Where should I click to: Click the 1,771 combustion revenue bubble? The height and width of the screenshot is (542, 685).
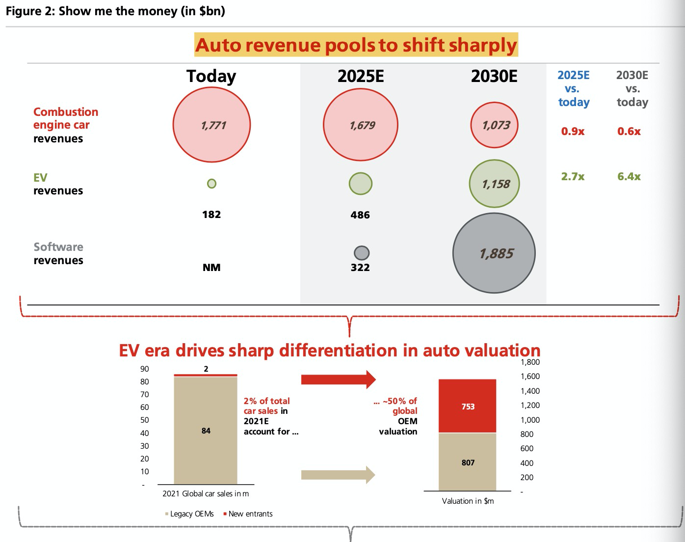[211, 125]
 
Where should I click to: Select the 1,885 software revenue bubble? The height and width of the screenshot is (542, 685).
[494, 253]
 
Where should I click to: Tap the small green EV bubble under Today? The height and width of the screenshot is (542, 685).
[211, 184]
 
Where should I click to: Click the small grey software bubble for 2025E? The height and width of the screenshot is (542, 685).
[361, 253]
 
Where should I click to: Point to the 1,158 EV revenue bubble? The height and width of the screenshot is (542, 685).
[494, 184]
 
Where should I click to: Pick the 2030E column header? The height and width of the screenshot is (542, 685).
[494, 76]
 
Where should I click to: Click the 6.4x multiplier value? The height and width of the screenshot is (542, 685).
[629, 176]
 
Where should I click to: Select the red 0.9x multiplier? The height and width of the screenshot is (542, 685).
[573, 131]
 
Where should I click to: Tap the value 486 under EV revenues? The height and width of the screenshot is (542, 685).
[360, 215]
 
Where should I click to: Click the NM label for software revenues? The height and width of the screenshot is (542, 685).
[211, 268]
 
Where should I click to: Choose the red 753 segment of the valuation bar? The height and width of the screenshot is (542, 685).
[468, 406]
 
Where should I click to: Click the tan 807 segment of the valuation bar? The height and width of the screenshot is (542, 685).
[468, 462]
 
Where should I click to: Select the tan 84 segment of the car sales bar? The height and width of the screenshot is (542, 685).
[206, 431]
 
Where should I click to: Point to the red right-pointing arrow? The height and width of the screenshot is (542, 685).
[338, 379]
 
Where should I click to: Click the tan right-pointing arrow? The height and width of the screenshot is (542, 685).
[338, 475]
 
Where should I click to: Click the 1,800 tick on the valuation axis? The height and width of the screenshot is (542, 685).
[530, 362]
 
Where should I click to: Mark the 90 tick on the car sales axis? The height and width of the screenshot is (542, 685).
[145, 369]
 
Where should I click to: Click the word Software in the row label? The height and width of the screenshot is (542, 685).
[58, 247]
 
